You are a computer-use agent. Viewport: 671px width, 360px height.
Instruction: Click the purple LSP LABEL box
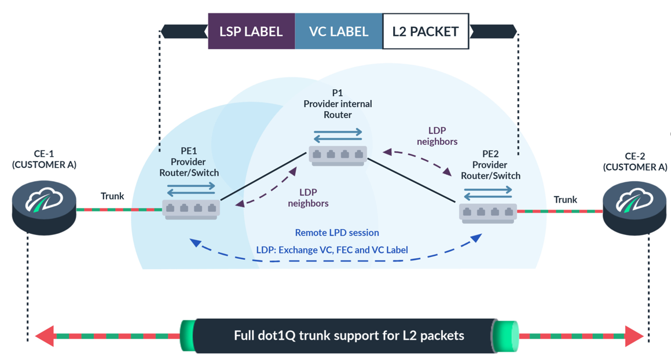point(251,31)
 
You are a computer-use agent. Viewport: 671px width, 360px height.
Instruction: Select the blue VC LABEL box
point(339,31)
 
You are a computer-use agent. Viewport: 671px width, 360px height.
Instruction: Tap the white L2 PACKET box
point(426,31)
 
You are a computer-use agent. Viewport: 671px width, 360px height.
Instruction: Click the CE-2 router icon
point(635,207)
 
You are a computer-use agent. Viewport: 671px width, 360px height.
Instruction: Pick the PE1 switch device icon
point(191,208)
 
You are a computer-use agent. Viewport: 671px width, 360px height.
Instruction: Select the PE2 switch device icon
point(488,212)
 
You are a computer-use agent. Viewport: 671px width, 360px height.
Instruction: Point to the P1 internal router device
point(338,155)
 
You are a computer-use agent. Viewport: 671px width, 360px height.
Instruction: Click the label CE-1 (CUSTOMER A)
point(44,159)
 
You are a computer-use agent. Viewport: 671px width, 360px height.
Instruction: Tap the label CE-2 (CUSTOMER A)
point(635,161)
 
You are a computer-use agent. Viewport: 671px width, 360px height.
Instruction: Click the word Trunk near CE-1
point(112,196)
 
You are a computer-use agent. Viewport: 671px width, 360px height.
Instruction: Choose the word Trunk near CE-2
point(565,200)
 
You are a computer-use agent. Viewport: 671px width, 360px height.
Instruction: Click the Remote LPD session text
point(337,233)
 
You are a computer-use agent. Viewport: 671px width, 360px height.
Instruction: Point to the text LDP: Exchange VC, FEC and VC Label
point(332,250)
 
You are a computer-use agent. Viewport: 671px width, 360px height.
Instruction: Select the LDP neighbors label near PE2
point(437,136)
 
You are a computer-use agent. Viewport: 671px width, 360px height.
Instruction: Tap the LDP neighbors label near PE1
point(308,197)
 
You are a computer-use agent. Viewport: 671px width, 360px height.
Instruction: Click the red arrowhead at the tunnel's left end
point(45,336)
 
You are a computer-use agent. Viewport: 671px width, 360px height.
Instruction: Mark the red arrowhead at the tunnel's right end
point(634,336)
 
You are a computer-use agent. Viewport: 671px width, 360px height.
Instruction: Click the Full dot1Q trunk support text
point(349,335)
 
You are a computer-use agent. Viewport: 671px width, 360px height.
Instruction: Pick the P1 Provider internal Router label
point(338,104)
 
